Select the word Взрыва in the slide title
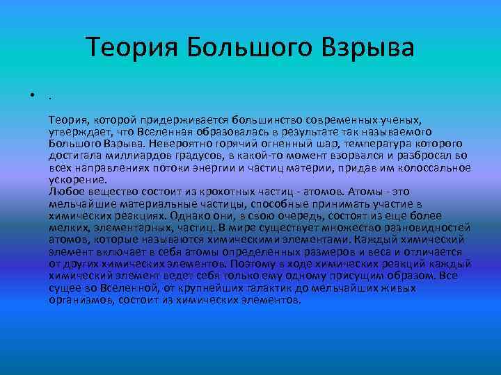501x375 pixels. [x=369, y=49]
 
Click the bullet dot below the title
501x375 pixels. [x=33, y=97]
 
